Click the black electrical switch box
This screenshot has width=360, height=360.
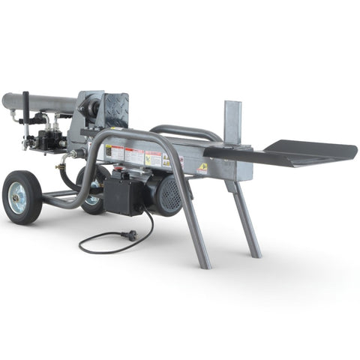click(x=122, y=196)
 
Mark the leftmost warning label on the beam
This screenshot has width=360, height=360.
click(x=114, y=154)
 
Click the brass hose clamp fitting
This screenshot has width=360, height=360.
click(x=73, y=154)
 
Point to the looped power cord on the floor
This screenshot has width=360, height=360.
click(x=97, y=244)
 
